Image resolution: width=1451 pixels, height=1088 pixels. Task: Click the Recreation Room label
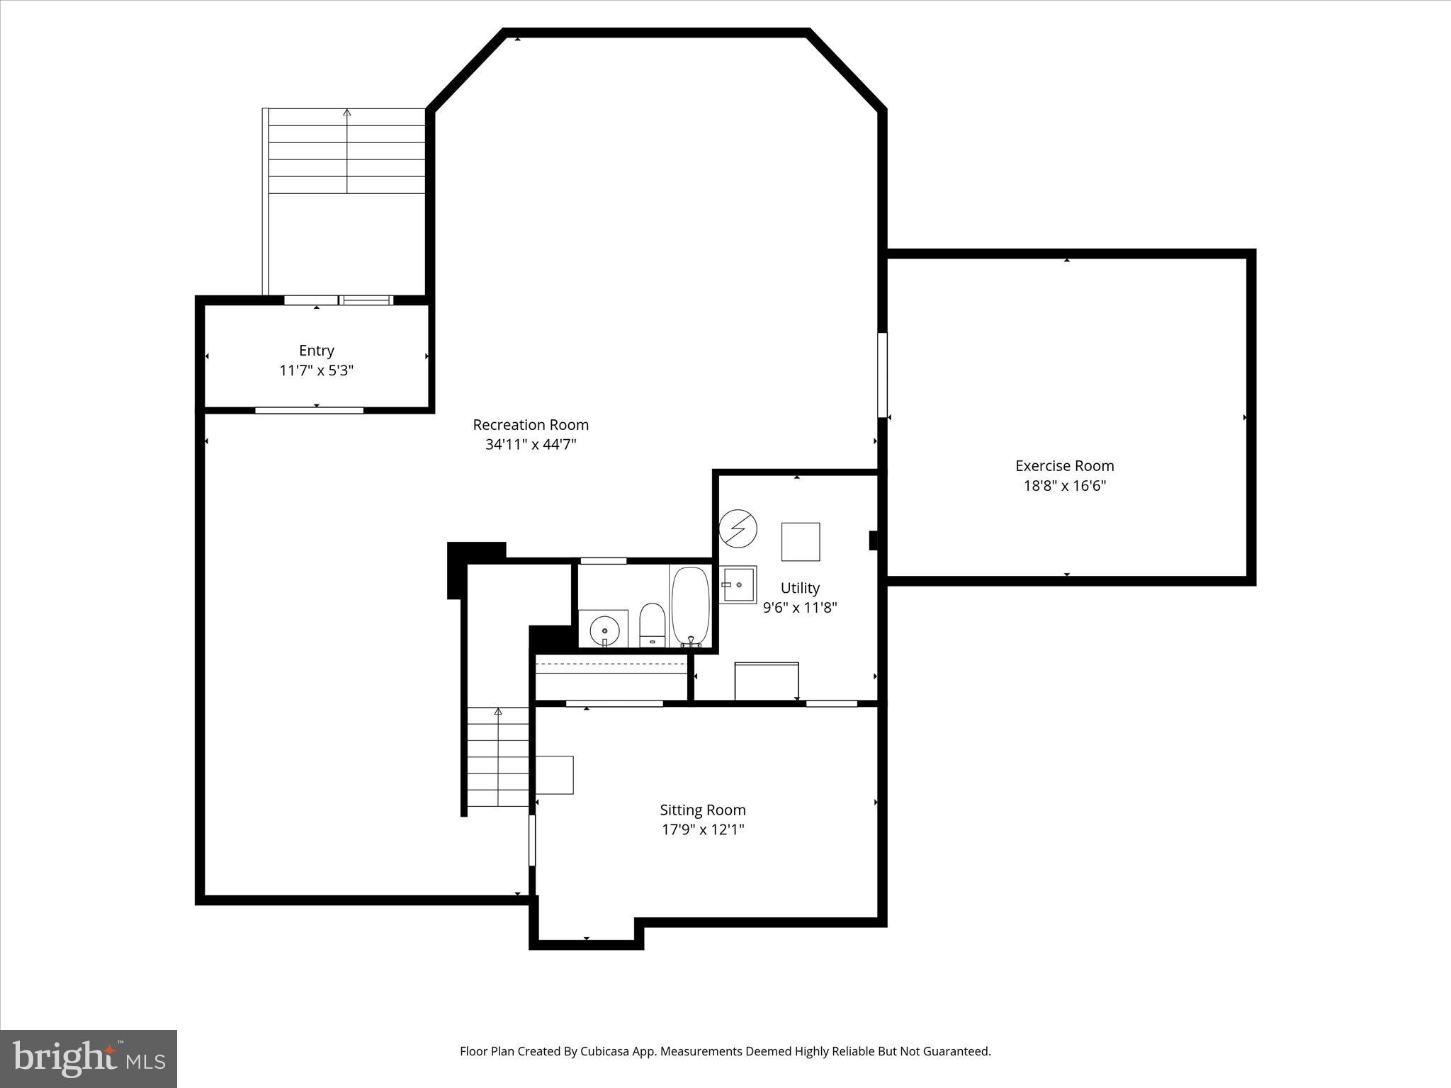pyautogui.click(x=531, y=424)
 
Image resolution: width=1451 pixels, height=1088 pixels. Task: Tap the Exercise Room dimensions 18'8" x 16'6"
pyautogui.click(x=1064, y=486)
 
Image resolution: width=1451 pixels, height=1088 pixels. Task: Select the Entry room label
pyautogui.click(x=316, y=351)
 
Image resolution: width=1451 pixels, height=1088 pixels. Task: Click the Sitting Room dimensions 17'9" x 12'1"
pyautogui.click(x=702, y=829)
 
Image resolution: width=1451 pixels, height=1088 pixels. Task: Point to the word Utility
pyautogui.click(x=800, y=588)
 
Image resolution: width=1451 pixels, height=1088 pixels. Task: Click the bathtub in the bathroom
pyautogui.click(x=690, y=607)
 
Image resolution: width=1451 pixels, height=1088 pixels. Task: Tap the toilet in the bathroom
pyautogui.click(x=652, y=624)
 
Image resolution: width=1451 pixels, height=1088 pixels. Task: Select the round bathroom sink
pyautogui.click(x=604, y=628)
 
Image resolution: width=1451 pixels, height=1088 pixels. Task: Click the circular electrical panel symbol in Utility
pyautogui.click(x=738, y=528)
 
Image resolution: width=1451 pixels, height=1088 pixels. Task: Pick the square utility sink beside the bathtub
pyautogui.click(x=738, y=584)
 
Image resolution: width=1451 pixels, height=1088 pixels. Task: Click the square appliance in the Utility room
pyautogui.click(x=800, y=542)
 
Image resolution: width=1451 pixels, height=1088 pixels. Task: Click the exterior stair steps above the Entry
pyautogui.click(x=346, y=151)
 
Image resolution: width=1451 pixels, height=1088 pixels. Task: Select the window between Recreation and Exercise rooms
pyautogui.click(x=882, y=375)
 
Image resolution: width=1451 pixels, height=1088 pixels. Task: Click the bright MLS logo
pyautogui.click(x=89, y=1058)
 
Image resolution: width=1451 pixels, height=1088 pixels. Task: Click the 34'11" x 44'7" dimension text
pyautogui.click(x=531, y=445)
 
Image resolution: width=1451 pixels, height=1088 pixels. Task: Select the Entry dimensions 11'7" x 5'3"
pyautogui.click(x=316, y=370)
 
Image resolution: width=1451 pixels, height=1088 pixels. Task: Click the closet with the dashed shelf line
pyautogui.click(x=611, y=676)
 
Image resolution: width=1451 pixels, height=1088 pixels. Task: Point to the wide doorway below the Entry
pyautogui.click(x=309, y=410)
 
